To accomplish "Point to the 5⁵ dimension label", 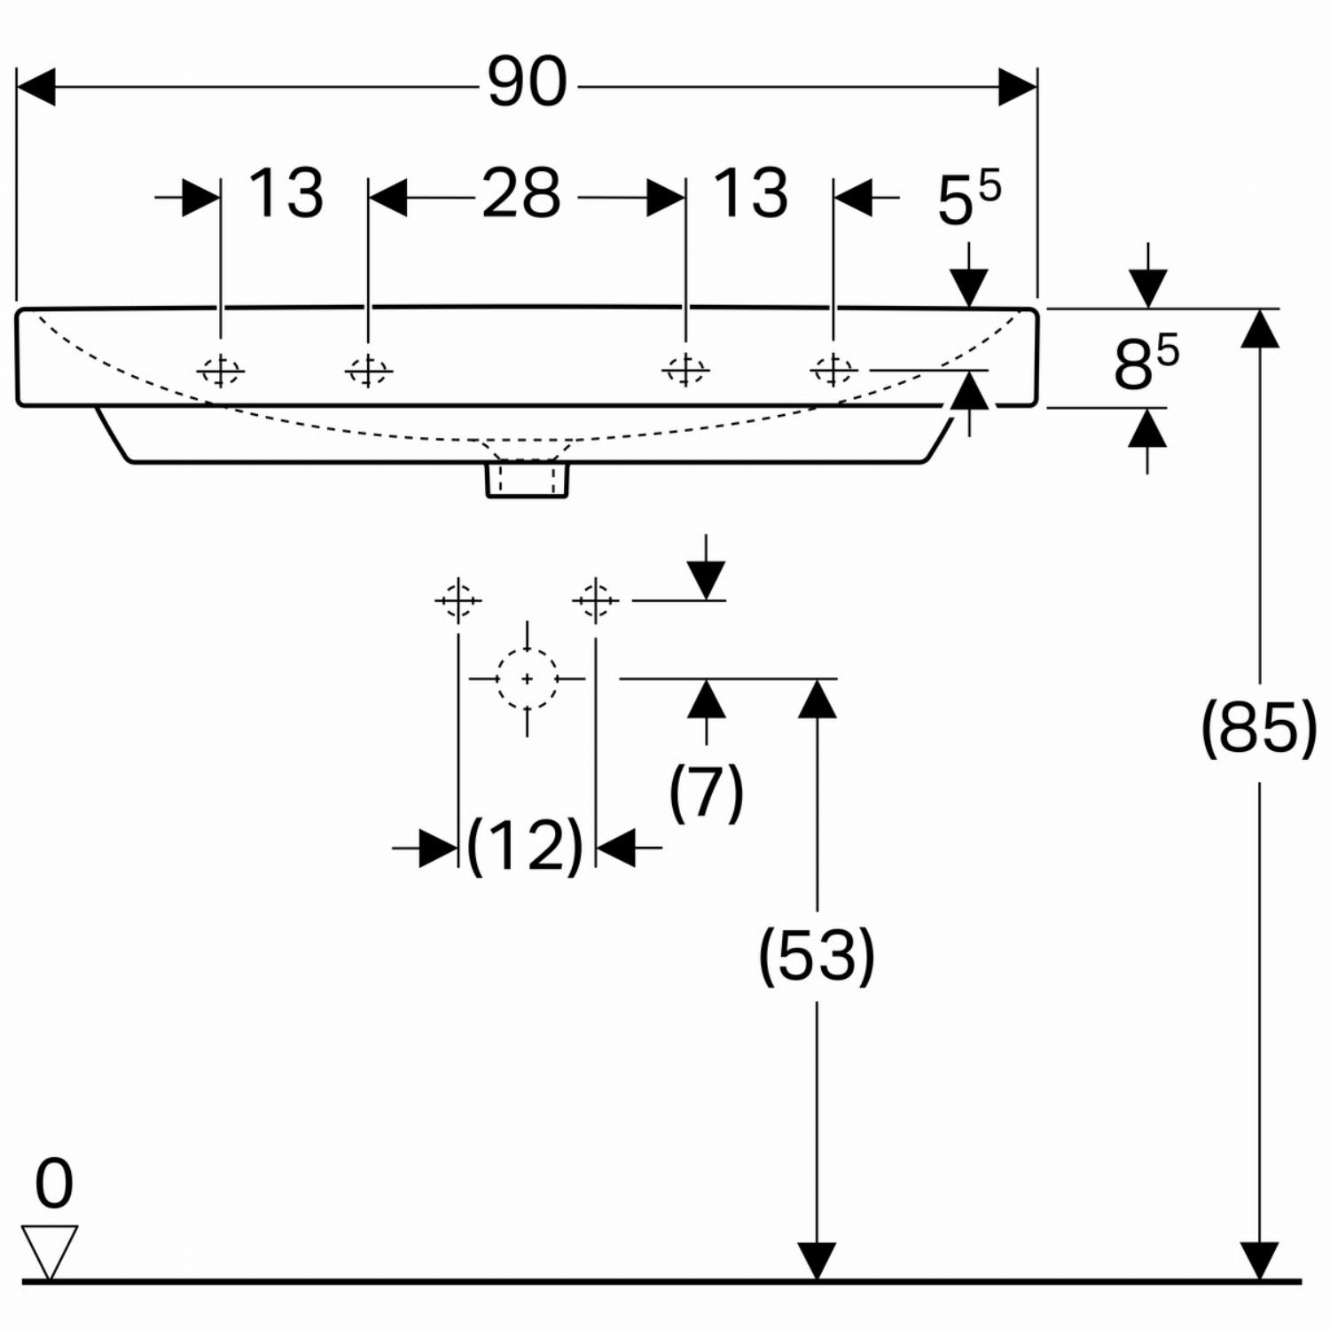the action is (969, 199).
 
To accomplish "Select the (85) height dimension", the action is (1259, 727).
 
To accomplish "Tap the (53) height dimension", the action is (817, 956).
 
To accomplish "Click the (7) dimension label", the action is (706, 792).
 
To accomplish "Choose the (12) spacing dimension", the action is (525, 846).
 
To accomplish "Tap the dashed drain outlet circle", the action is (528, 679).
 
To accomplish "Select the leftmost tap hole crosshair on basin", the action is (221, 371).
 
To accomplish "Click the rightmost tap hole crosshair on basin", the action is (833, 370).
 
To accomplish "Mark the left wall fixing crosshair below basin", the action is (458, 601).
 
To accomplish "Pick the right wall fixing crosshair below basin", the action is (595, 601).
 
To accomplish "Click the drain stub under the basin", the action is (528, 480).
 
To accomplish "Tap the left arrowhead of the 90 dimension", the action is (35, 87).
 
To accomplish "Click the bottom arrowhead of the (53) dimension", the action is (817, 1262).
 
